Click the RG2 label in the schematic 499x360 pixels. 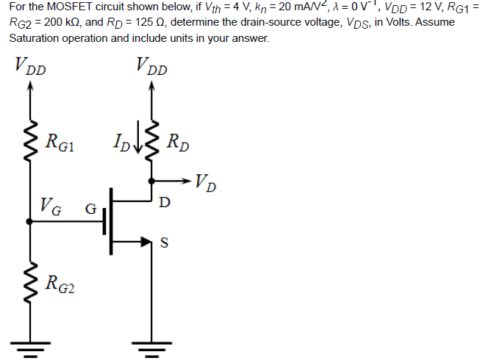(x=61, y=282)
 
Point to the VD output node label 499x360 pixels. (x=207, y=181)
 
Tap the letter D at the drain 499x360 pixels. (x=165, y=201)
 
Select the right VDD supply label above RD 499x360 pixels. (x=151, y=69)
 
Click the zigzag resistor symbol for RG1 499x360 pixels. (x=30, y=140)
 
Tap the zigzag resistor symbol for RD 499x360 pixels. (x=152, y=140)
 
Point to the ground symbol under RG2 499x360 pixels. (x=30, y=347)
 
